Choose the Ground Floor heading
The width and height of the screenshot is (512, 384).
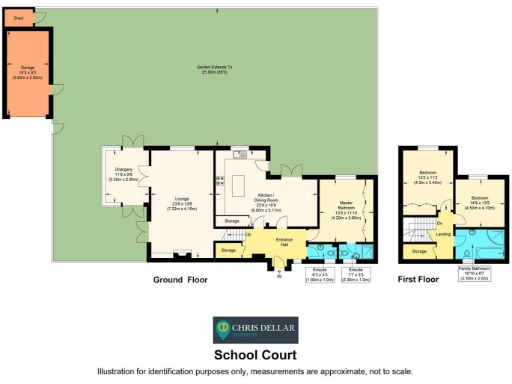pyautogui.click(x=180, y=280)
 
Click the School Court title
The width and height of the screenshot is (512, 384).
pyautogui.click(x=255, y=354)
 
